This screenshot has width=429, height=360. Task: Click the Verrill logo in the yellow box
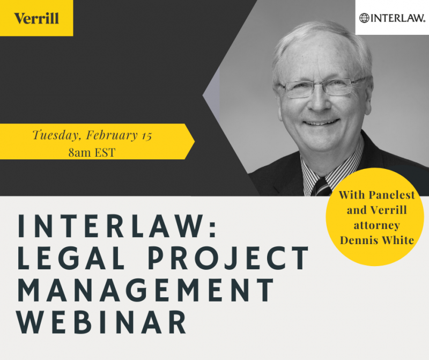pyautogui.click(x=36, y=18)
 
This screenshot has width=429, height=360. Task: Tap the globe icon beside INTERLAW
pyautogui.click(x=364, y=18)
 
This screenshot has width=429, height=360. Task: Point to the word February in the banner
pyautogui.click(x=112, y=135)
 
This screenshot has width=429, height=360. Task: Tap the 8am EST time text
pyautogui.click(x=92, y=152)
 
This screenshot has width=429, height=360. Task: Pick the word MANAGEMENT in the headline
pyautogui.click(x=146, y=290)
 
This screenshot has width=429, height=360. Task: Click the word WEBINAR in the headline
pyautogui.click(x=102, y=322)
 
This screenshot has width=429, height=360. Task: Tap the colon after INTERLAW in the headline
pyautogui.click(x=213, y=227)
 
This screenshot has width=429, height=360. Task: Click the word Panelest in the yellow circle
pyautogui.click(x=392, y=195)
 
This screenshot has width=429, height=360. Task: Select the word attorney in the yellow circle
pyautogui.click(x=377, y=225)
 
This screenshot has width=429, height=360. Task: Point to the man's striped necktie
pyautogui.click(x=321, y=188)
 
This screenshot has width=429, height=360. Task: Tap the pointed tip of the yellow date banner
pyautogui.click(x=195, y=142)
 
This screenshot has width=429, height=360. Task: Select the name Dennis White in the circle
pyautogui.click(x=377, y=240)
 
